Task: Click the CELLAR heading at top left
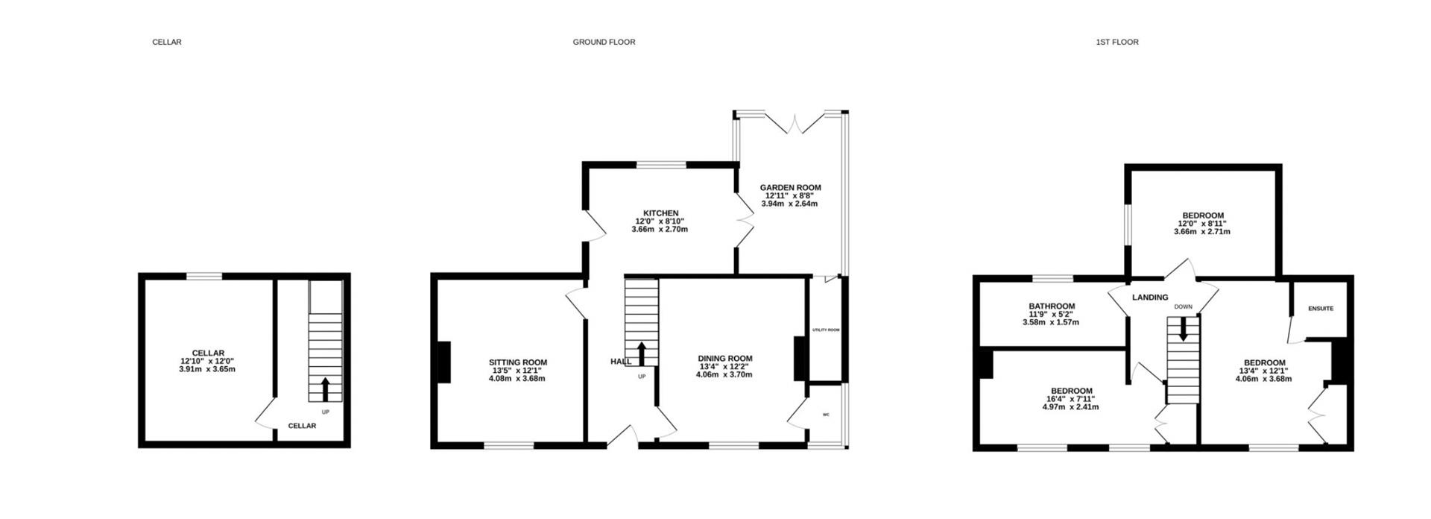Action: [x=167, y=43]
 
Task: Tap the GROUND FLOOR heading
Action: [x=604, y=43]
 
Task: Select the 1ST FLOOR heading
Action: [x=1116, y=43]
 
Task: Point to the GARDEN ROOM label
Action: [x=790, y=188]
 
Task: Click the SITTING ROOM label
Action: [x=518, y=362]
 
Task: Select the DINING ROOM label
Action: [x=724, y=359]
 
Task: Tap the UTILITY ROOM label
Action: [x=826, y=330]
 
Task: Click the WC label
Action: [x=826, y=415]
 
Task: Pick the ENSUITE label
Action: [x=1321, y=308]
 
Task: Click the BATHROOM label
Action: [x=1052, y=306]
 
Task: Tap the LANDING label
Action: [x=1150, y=298]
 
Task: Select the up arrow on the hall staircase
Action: [x=641, y=353]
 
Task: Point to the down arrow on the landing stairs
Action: [x=1183, y=329]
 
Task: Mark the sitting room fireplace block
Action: [x=443, y=362]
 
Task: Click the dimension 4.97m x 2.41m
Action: [x=1072, y=407]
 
